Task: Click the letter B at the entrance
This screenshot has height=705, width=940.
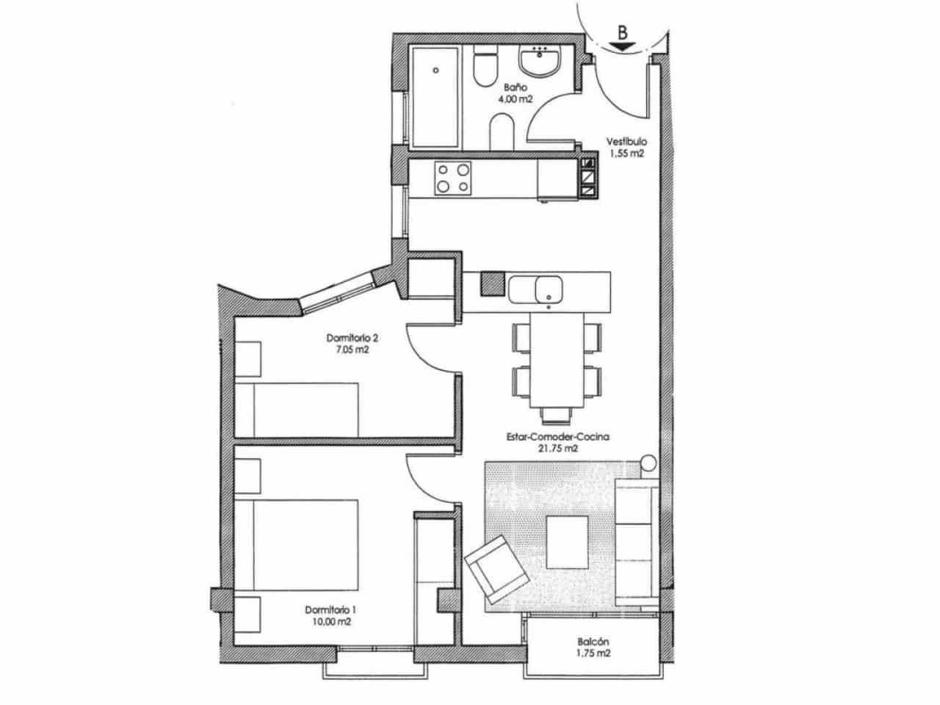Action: pyautogui.click(x=622, y=32)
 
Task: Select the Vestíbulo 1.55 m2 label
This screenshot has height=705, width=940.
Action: pyautogui.click(x=626, y=148)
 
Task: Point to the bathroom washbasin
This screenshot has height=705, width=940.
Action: pyautogui.click(x=541, y=61)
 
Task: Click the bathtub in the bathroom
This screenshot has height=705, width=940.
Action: pyautogui.click(x=435, y=98)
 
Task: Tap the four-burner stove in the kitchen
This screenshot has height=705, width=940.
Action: pyautogui.click(x=452, y=178)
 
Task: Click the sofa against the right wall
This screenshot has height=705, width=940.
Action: pyautogui.click(x=636, y=543)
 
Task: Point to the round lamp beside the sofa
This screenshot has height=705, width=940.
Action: pyautogui.click(x=648, y=463)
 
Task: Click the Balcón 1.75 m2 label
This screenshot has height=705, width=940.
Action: pyautogui.click(x=594, y=646)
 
